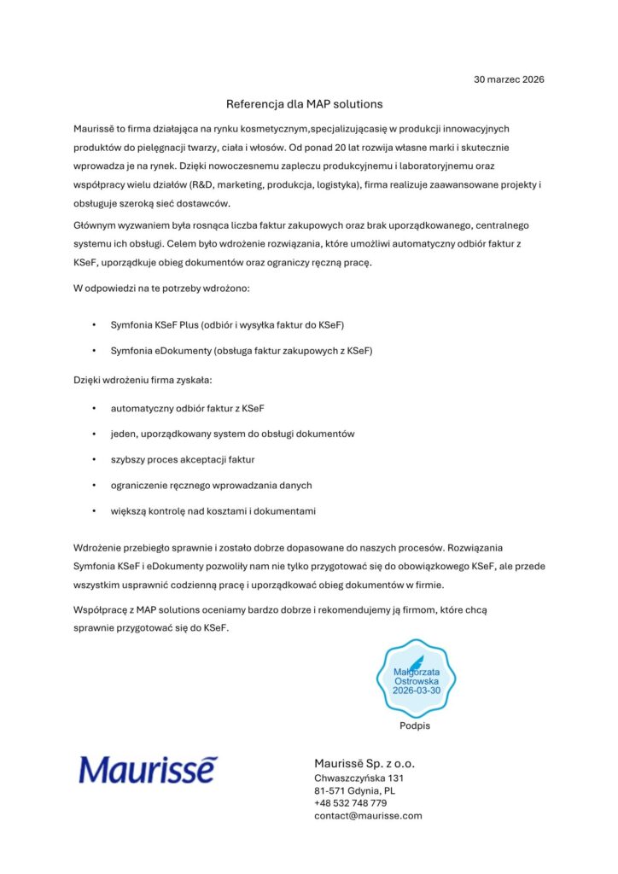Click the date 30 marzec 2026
point(509,79)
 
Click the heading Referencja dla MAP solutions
point(304,104)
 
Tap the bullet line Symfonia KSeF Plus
point(226,325)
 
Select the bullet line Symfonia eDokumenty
point(242,351)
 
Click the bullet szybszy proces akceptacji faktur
point(183,459)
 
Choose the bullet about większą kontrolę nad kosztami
point(213,510)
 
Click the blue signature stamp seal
point(416,679)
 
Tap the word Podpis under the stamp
point(415,725)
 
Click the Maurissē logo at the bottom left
point(149,770)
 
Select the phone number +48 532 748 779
point(350,803)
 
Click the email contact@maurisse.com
point(368,816)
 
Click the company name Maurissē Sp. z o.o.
point(364,763)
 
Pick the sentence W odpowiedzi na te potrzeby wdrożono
point(161,288)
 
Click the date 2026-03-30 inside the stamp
point(416,691)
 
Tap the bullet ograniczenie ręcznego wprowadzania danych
point(211,485)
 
